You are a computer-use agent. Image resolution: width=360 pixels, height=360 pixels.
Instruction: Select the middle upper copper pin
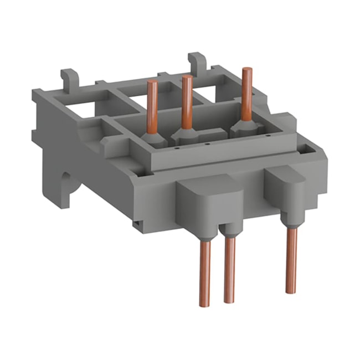pos(187,100)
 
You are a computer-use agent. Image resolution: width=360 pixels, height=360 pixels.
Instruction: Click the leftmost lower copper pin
pos(205,271)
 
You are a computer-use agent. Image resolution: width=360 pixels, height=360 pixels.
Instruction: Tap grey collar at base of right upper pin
pos(244,126)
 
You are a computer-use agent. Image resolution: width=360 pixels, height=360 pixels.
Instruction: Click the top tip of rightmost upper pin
pos(247,70)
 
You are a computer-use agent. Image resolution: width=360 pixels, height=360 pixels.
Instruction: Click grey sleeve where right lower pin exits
pos(289,222)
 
